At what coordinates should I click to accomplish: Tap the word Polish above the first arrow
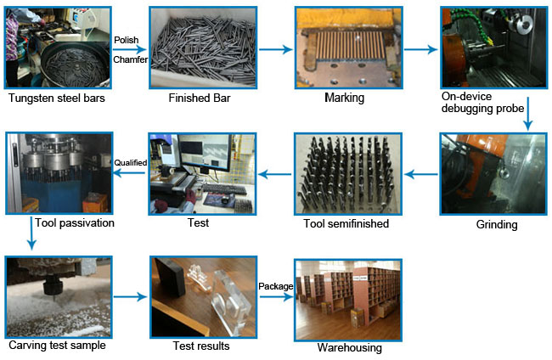pos(126,40)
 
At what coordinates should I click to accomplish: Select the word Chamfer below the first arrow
pos(129,59)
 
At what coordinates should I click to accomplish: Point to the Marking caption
pos(344,98)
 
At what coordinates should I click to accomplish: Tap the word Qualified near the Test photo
pos(131,161)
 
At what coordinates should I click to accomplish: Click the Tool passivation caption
pos(75,224)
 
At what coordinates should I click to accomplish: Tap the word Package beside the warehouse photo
pos(275,286)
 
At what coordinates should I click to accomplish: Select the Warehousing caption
pos(348,347)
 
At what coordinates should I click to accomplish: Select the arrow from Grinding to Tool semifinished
pos(419,175)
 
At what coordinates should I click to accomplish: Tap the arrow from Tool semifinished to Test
pos(273,175)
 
